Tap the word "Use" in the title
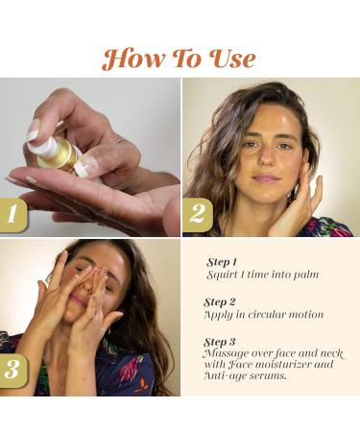(232, 59)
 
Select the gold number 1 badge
(12, 215)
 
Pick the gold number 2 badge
(198, 215)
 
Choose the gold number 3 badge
(12, 371)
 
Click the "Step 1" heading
(222, 262)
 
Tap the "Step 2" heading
(220, 301)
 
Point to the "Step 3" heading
(220, 342)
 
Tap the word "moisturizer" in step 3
(279, 364)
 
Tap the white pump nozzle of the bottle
(42, 144)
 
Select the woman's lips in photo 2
(266, 179)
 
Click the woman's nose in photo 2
(266, 157)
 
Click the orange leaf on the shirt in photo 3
(142, 386)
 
